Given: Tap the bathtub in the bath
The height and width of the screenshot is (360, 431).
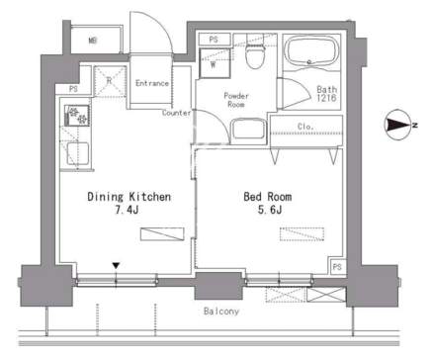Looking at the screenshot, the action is click(311, 51).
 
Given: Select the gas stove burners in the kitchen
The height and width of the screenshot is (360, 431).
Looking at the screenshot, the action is click(77, 116).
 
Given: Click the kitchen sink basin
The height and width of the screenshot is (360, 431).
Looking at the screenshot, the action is click(78, 153).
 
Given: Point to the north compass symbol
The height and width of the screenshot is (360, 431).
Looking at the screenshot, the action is click(399, 125).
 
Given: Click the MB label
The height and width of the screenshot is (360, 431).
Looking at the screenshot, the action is click(93, 41).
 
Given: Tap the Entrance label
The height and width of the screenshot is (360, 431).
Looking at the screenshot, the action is click(152, 83).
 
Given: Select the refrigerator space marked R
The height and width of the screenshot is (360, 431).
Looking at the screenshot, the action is click(110, 81).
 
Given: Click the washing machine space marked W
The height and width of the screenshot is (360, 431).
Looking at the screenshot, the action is click(215, 63).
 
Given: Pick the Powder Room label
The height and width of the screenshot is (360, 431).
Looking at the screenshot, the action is click(236, 100).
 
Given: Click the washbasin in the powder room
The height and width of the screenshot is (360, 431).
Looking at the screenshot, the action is click(248, 131).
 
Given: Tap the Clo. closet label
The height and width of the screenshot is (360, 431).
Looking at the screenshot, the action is click(305, 127).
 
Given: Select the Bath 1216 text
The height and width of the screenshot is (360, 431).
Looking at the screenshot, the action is click(326, 93).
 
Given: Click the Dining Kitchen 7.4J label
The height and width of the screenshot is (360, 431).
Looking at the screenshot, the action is click(129, 203).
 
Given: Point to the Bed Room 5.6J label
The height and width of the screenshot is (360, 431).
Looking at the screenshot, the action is click(268, 203).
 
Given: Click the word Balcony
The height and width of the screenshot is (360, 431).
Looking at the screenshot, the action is click(221, 311).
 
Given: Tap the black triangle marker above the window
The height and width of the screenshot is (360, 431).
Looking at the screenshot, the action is click(116, 265).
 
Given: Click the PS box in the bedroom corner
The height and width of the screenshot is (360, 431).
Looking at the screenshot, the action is click(337, 266).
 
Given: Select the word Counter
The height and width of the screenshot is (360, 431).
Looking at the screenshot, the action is click(177, 113).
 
